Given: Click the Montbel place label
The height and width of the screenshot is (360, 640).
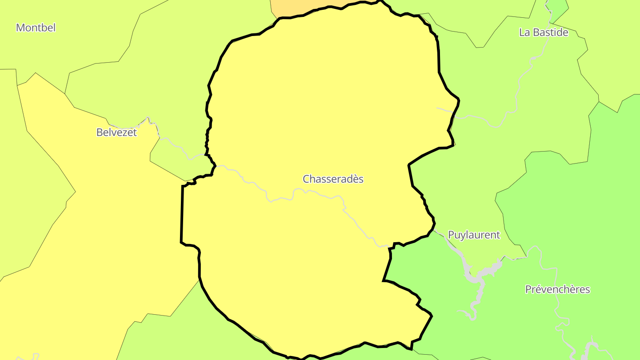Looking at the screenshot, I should [x=36, y=28].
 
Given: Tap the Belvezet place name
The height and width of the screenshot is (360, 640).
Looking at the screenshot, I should [x=116, y=132].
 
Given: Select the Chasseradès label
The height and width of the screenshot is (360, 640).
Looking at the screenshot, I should [x=333, y=179].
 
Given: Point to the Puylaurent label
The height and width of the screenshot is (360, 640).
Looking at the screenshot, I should [x=474, y=235].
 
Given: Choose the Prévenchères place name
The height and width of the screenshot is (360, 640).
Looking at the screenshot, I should [x=557, y=290].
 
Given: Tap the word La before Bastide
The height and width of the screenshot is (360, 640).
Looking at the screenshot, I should [x=524, y=32].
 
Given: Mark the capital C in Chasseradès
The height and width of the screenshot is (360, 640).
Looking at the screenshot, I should [x=306, y=179].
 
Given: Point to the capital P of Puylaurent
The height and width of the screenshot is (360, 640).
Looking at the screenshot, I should [x=451, y=235].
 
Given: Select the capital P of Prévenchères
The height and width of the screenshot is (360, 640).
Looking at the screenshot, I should [x=528, y=290].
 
